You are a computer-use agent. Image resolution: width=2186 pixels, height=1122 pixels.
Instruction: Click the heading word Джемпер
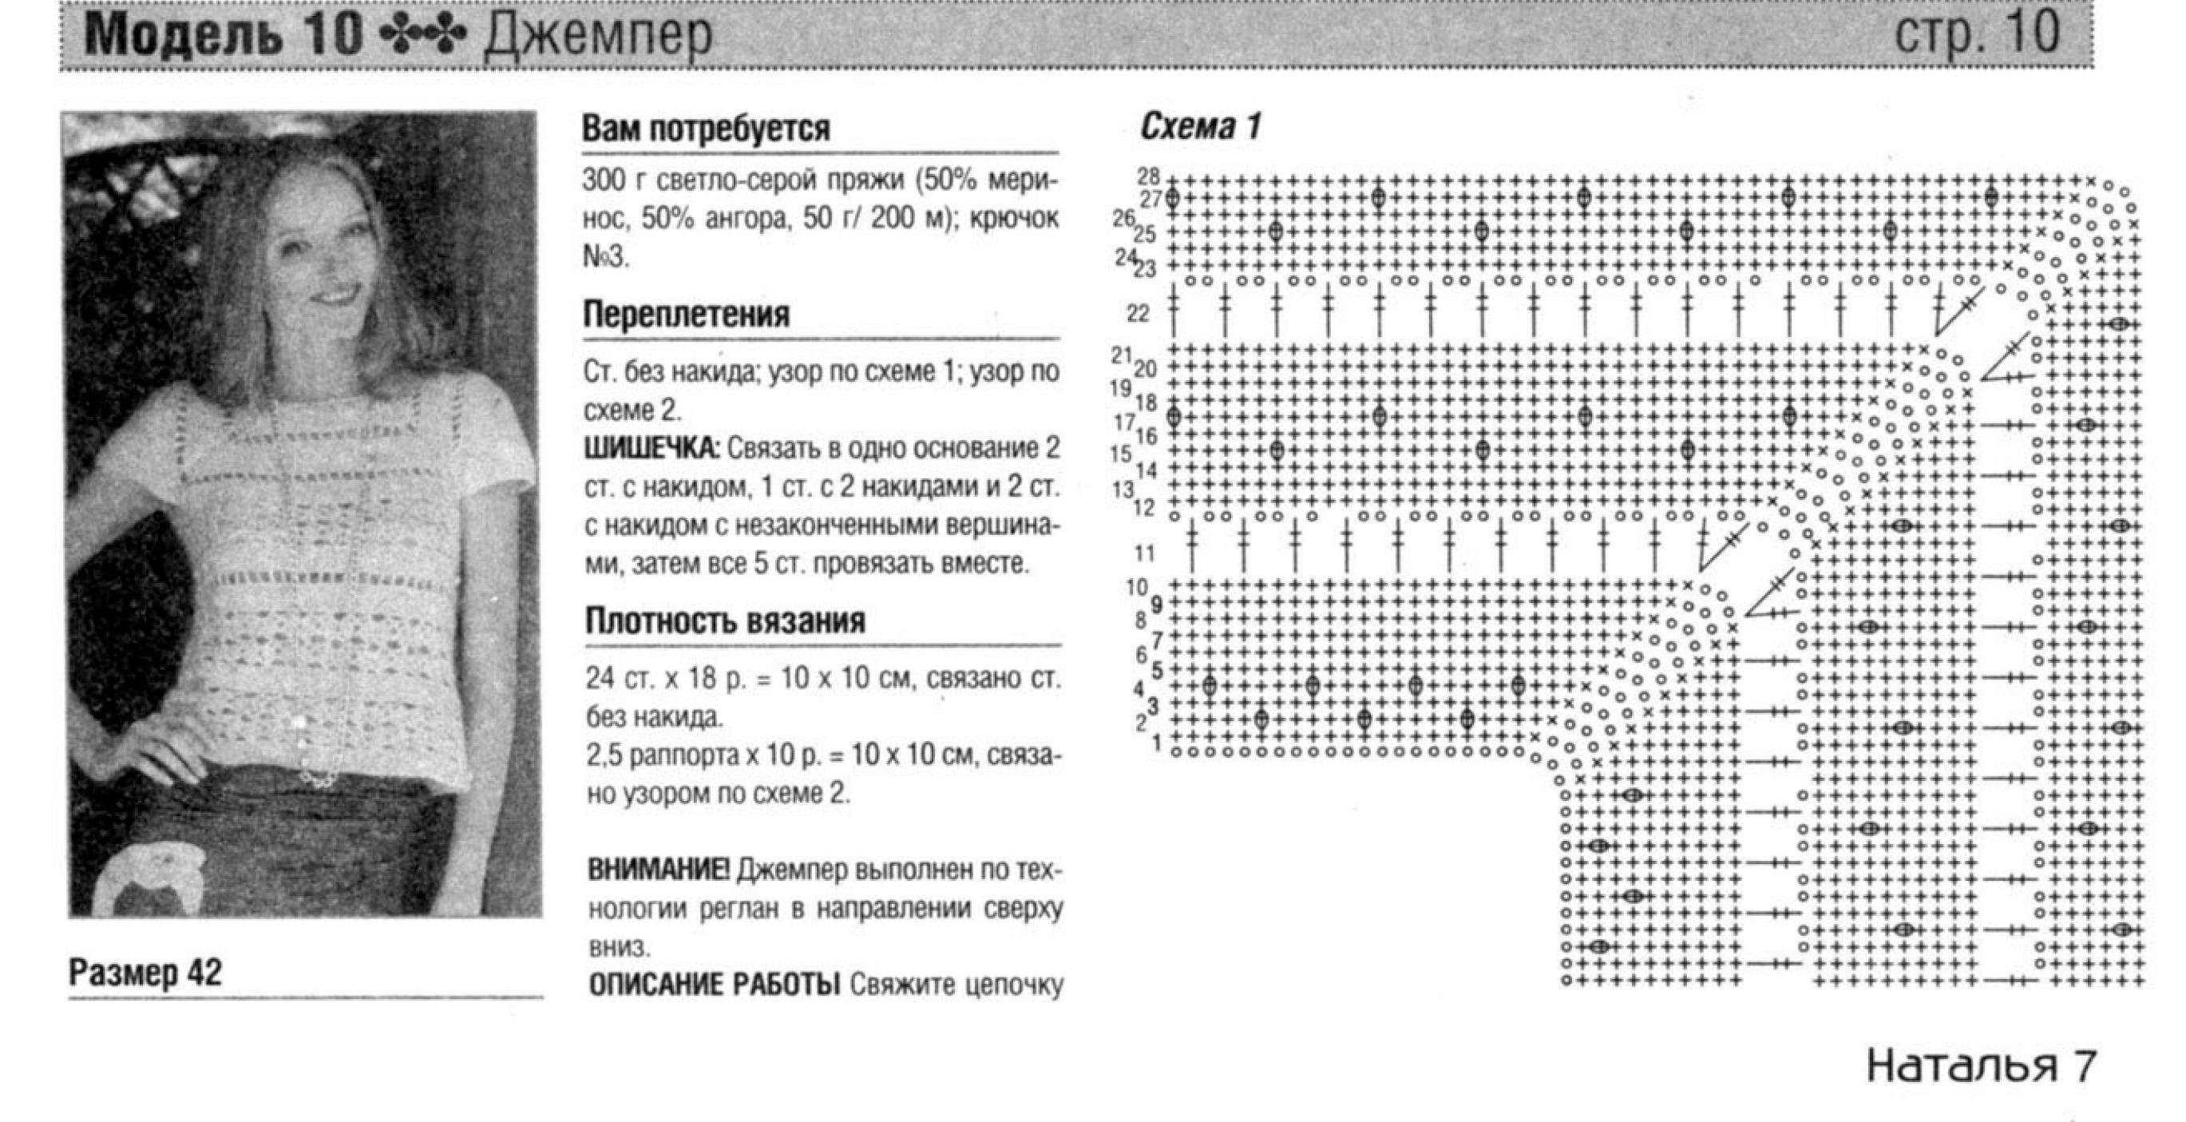pos(597,37)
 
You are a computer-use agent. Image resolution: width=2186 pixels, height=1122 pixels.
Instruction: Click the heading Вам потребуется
pos(706,129)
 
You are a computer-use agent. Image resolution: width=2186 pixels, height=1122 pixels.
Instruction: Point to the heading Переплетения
pos(686,314)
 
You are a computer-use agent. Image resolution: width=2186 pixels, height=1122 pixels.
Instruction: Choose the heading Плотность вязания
pos(725,620)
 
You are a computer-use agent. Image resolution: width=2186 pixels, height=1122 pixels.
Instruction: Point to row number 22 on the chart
pos(1138,314)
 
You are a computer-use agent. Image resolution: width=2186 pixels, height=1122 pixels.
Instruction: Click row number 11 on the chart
pos(1145,553)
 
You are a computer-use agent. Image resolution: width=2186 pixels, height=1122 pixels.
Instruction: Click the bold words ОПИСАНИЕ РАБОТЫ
pos(713,985)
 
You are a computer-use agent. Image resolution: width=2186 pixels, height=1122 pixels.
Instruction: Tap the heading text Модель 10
pos(225,37)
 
